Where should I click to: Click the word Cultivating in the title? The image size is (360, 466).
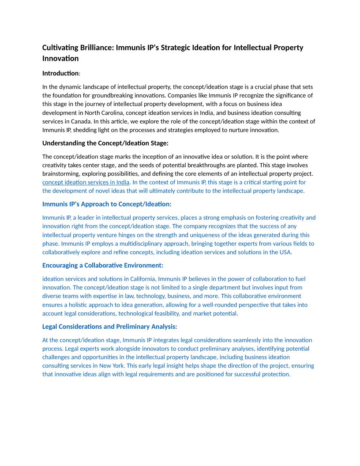pyautogui.click(x=60, y=48)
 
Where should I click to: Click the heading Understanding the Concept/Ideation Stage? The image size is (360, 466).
pyautogui.click(x=105, y=143)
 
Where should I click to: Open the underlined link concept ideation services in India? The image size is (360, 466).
pyautogui.click(x=86, y=182)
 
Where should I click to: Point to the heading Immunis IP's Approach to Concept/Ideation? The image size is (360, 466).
pyautogui.click(x=107, y=204)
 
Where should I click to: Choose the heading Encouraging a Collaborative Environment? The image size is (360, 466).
pyautogui.click(x=103, y=265)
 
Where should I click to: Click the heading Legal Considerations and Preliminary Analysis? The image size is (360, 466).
pyautogui.click(x=109, y=327)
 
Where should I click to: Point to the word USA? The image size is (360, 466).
pyautogui.click(x=285, y=252)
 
